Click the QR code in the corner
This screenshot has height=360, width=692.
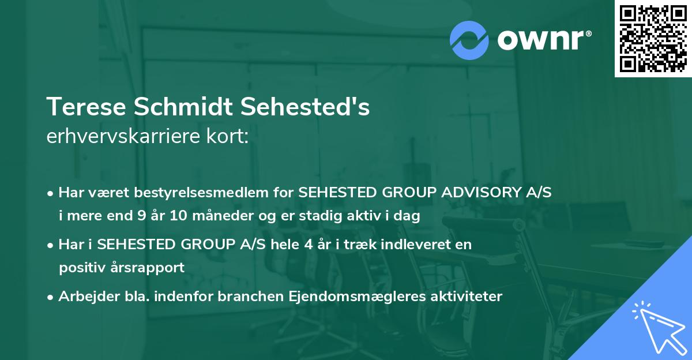tap(653, 39)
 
